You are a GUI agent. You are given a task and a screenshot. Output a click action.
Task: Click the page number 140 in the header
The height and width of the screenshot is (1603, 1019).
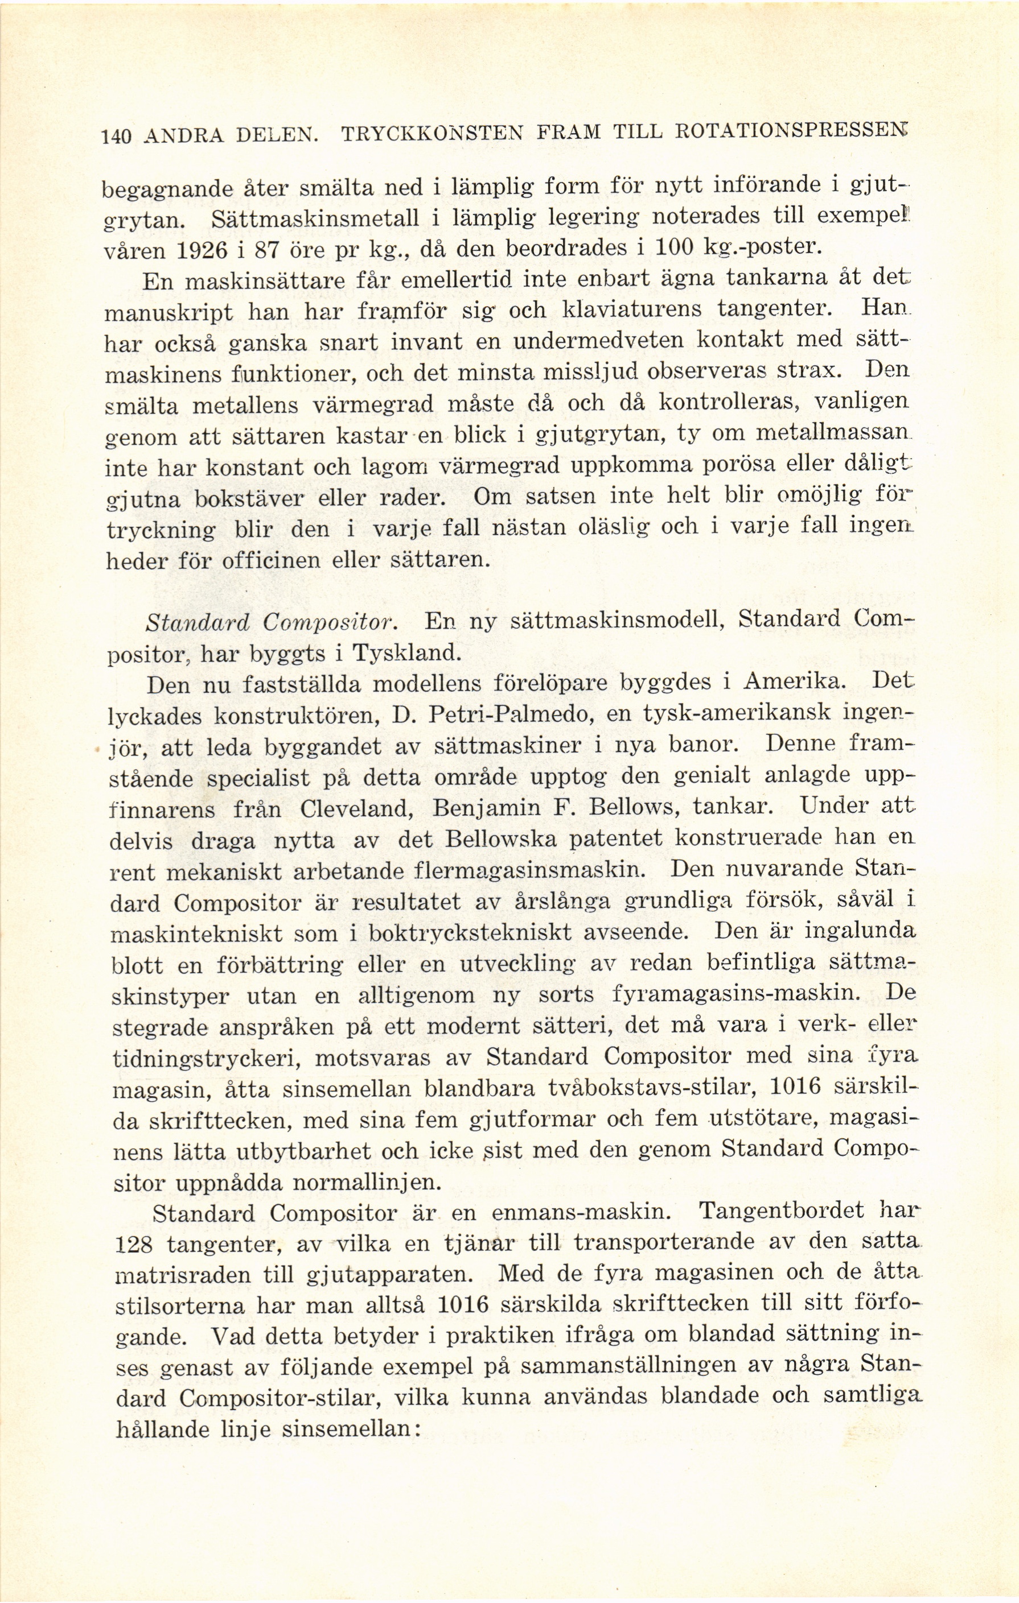click(115, 137)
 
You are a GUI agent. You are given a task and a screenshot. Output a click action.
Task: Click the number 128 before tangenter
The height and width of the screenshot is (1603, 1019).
click(135, 1244)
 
